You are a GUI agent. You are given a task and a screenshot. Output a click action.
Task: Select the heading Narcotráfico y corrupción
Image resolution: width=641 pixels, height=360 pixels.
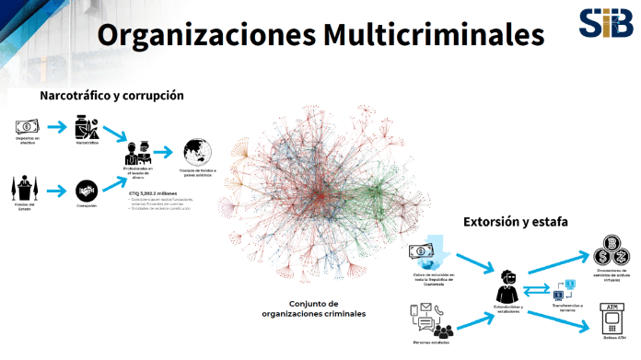point(111,95)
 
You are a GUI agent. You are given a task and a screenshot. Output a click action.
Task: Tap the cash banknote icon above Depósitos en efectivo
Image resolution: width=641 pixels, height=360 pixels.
point(27,126)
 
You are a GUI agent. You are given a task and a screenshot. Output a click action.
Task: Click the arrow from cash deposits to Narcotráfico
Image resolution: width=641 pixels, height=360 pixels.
point(57,126)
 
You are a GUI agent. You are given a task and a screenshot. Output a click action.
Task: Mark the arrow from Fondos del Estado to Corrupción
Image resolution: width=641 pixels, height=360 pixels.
point(57,191)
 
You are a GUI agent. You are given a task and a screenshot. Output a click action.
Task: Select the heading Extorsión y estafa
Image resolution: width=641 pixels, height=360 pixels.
point(515,222)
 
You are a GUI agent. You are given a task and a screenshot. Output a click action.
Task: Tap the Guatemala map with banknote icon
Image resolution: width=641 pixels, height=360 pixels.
point(425,253)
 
